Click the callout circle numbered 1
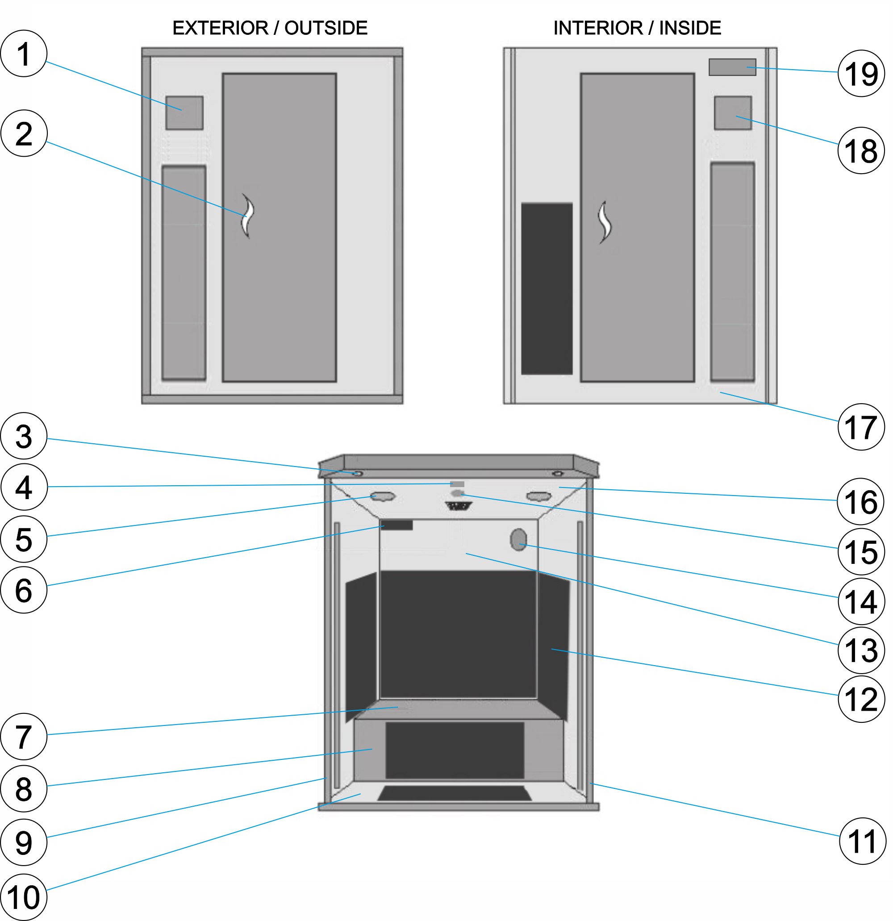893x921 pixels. point(24,54)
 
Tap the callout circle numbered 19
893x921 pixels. point(860,73)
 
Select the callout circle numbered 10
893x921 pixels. point(24,896)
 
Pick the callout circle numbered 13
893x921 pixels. point(860,650)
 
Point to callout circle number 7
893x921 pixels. point(24,736)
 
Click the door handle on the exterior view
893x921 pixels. point(248,216)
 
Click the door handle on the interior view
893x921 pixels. point(605,222)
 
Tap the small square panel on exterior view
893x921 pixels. point(184,113)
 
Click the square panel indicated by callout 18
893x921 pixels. point(732,113)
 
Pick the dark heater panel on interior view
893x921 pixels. point(547,288)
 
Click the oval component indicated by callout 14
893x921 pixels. point(518,540)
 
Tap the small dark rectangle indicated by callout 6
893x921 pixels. point(397,525)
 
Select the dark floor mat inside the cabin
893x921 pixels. point(455,793)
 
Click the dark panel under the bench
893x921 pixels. point(455,750)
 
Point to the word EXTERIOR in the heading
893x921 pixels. point(220,28)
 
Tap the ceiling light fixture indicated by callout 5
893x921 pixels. point(383,496)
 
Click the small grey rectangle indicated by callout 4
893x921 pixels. point(457,484)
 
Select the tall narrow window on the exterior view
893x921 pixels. point(184,272)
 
